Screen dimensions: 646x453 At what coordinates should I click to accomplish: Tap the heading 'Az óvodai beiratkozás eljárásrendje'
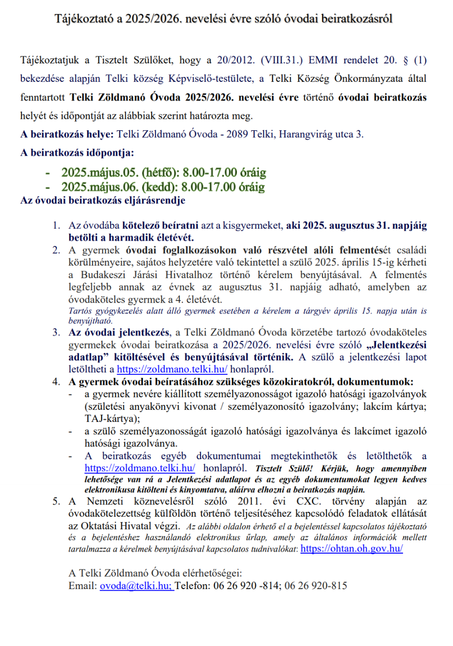[x=102, y=201]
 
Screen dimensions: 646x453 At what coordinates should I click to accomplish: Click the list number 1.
[x=56, y=226]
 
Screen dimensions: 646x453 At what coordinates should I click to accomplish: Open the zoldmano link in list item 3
[x=172, y=369]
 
